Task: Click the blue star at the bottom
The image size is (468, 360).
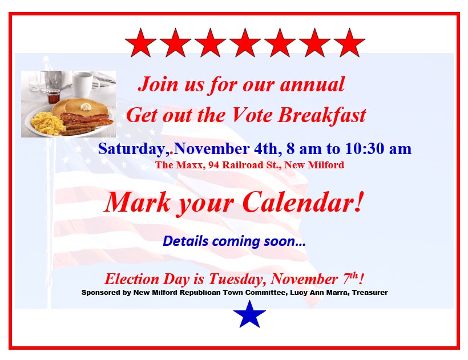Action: click(249, 315)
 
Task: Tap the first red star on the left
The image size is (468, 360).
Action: click(140, 43)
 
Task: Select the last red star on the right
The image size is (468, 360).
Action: click(349, 43)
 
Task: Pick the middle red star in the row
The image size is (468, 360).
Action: click(245, 43)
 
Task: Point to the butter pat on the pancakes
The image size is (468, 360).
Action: click(86, 107)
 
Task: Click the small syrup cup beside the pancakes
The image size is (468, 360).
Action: click(54, 96)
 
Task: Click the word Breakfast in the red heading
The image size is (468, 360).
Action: click(322, 115)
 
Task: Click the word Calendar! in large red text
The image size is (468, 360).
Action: click(304, 202)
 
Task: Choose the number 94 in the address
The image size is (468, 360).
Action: click(213, 165)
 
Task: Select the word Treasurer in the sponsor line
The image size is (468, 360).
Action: click(370, 293)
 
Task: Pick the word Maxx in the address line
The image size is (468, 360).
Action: click(189, 165)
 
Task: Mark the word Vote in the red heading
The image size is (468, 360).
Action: click(252, 115)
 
